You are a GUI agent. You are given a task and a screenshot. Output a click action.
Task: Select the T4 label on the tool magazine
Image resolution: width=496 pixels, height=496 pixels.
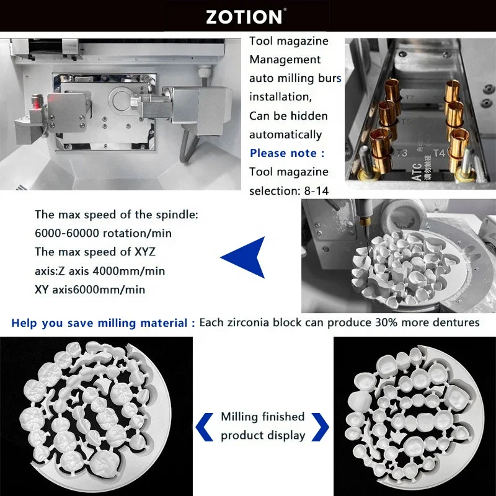pos(439,153)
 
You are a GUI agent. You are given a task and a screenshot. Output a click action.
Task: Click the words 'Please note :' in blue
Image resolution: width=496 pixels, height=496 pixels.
pos(286,153)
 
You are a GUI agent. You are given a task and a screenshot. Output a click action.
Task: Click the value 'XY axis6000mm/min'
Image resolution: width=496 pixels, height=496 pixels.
pos(90,290)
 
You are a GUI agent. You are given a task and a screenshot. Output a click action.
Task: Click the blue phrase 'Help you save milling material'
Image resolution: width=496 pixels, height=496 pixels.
pos(100,322)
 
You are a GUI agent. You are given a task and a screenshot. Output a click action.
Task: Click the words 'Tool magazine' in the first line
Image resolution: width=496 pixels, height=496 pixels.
pos(289,41)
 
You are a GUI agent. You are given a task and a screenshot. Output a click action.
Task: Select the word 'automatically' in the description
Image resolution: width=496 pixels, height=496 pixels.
pos(286,135)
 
